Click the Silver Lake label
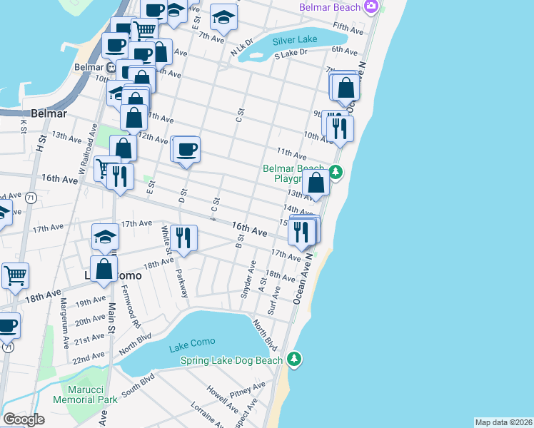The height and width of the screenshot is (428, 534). (293, 41)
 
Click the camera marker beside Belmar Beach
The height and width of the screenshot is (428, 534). (371, 7)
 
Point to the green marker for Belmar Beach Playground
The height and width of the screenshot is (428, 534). (335, 172)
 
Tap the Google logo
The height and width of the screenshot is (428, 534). (24, 419)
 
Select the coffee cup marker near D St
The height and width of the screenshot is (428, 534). (186, 150)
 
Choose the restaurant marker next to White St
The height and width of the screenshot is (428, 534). (184, 238)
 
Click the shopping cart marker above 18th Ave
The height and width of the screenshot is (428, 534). (15, 275)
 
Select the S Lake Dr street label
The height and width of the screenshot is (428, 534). (291, 53)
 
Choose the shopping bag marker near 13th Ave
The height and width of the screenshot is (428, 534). (316, 183)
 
